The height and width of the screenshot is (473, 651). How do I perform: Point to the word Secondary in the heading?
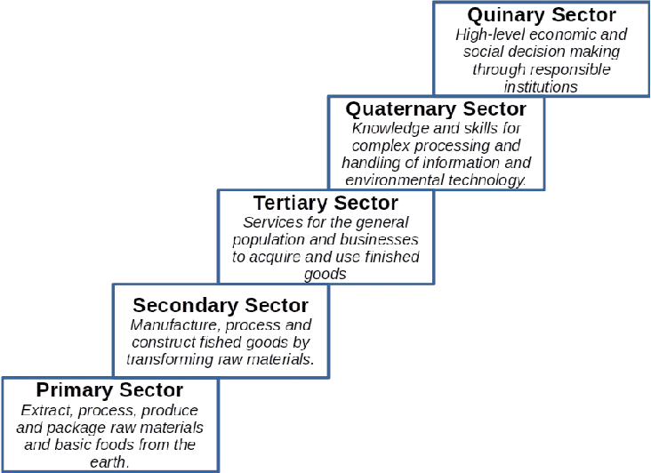click(182, 306)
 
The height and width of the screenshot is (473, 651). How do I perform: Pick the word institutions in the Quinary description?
click(541, 86)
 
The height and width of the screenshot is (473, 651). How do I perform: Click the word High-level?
click(491, 35)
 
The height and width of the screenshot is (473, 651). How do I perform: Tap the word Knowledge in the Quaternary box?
click(383, 129)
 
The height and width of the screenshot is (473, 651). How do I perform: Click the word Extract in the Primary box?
click(43, 411)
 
